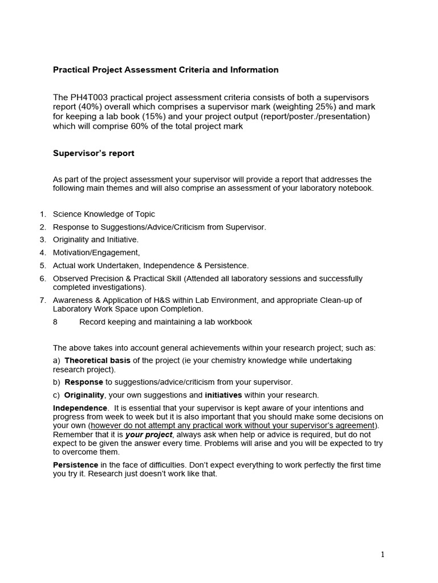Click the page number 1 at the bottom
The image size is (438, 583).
coord(383,555)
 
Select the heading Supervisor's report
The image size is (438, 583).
coord(94,153)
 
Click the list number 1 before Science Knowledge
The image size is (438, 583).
coord(42,214)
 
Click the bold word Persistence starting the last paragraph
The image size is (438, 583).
coord(75,465)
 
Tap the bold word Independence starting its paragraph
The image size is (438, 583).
coord(80,408)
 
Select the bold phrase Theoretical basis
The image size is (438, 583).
coord(98,360)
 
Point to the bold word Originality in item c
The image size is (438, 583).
coord(84,395)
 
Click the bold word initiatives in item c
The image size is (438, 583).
coord(224,395)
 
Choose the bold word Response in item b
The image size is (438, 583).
coord(84,382)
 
